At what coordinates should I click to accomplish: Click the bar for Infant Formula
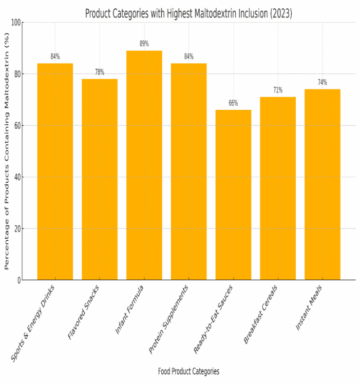144,165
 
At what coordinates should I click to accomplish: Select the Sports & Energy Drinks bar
55,171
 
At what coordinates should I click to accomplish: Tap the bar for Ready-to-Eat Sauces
233,195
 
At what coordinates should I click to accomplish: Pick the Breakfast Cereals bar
278,188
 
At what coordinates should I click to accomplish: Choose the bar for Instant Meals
322,185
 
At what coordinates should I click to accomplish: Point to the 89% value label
144,44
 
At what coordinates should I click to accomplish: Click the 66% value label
233,103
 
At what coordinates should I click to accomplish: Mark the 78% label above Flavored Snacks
100,72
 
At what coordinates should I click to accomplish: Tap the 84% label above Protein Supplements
188,57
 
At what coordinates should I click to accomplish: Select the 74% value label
322,83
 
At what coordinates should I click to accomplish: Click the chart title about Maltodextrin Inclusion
188,13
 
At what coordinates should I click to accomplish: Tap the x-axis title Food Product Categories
188,371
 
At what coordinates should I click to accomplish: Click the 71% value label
278,90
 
